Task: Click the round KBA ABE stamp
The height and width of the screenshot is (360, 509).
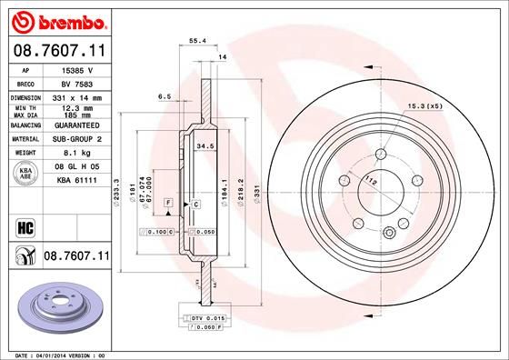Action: (x=25, y=174)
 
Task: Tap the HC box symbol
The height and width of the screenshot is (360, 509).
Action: (x=25, y=224)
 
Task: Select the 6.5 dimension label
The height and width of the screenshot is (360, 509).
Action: (x=165, y=95)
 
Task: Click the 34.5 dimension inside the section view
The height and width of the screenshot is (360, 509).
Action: (x=205, y=145)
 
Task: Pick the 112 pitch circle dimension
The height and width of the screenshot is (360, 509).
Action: (x=370, y=182)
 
